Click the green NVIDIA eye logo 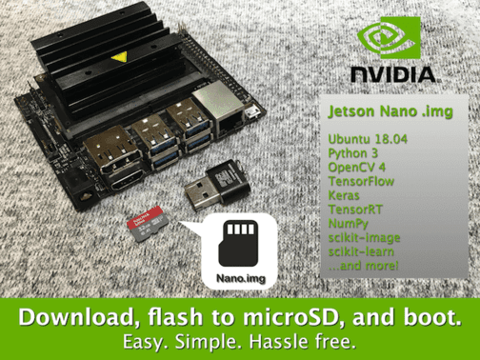[x=390, y=38]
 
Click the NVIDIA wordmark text [x=393, y=75]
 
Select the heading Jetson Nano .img [x=390, y=111]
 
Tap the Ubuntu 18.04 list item [x=368, y=139]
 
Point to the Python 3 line [x=353, y=153]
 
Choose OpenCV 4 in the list [x=357, y=167]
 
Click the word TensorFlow [x=361, y=181]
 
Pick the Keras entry [x=344, y=195]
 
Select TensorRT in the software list [x=355, y=210]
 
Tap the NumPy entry [x=348, y=224]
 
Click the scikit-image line [x=364, y=237]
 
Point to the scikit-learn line [x=361, y=251]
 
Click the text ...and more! [x=363, y=266]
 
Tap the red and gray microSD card [x=148, y=223]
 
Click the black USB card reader [x=217, y=185]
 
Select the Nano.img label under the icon [x=241, y=278]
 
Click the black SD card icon [x=238, y=244]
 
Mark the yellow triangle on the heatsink [x=119, y=57]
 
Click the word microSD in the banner [x=284, y=317]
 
